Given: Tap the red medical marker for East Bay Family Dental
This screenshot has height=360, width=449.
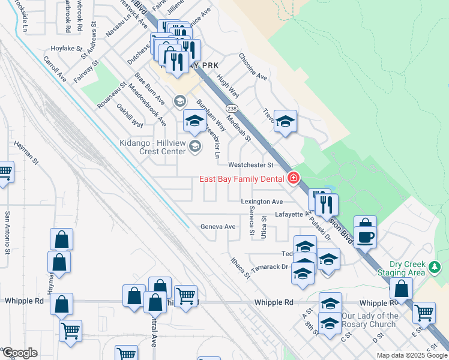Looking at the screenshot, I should click(294, 178).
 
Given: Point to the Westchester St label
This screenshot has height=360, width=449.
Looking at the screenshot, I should click(250, 164).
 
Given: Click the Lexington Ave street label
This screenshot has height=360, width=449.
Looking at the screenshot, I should click(262, 202).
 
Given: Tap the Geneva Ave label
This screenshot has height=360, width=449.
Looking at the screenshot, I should click(217, 227).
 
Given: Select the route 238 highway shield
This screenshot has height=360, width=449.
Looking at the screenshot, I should click(233, 108).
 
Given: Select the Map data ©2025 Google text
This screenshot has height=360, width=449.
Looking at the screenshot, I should click(412, 355).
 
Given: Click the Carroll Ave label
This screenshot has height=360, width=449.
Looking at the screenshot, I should click(55, 69).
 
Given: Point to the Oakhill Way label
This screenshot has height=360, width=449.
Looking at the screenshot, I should click(130, 116).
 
